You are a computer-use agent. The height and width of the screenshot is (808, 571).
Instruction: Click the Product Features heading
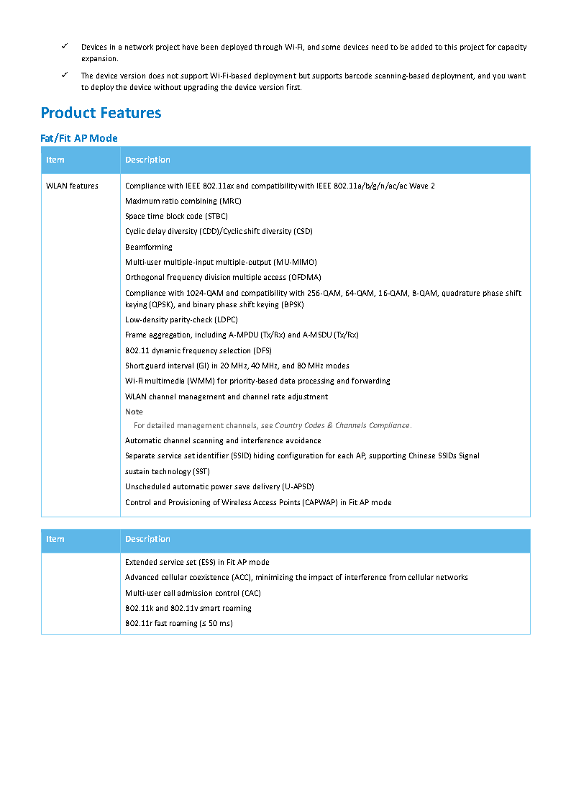click(101, 113)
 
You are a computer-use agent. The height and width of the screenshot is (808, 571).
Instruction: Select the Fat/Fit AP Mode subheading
click(79, 138)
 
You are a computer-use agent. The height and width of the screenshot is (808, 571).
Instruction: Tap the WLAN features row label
click(72, 186)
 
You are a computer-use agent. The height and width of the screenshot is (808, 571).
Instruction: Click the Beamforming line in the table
click(149, 247)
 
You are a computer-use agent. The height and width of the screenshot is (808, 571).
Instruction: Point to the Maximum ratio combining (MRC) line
click(183, 201)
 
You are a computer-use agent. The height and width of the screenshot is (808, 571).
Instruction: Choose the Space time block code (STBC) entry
click(176, 217)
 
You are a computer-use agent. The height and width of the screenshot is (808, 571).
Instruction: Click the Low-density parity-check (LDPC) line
click(181, 320)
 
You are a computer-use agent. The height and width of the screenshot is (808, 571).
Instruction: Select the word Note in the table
click(134, 412)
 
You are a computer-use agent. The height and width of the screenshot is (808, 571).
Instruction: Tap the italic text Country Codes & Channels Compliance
click(342, 426)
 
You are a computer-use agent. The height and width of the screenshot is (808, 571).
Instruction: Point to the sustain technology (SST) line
click(168, 472)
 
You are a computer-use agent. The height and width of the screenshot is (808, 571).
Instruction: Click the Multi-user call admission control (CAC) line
click(193, 594)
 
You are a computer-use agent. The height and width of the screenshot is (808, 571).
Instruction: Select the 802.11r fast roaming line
click(178, 624)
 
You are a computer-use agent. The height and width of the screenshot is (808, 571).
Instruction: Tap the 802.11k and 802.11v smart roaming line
click(188, 609)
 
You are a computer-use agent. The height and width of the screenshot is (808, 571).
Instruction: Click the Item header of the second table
click(55, 540)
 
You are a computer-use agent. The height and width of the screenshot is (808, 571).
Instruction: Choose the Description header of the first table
click(147, 160)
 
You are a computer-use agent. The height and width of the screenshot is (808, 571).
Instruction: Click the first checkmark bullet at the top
click(64, 47)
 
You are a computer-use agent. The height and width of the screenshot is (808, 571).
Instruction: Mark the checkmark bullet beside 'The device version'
click(64, 76)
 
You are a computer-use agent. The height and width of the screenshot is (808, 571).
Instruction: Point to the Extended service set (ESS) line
click(197, 563)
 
